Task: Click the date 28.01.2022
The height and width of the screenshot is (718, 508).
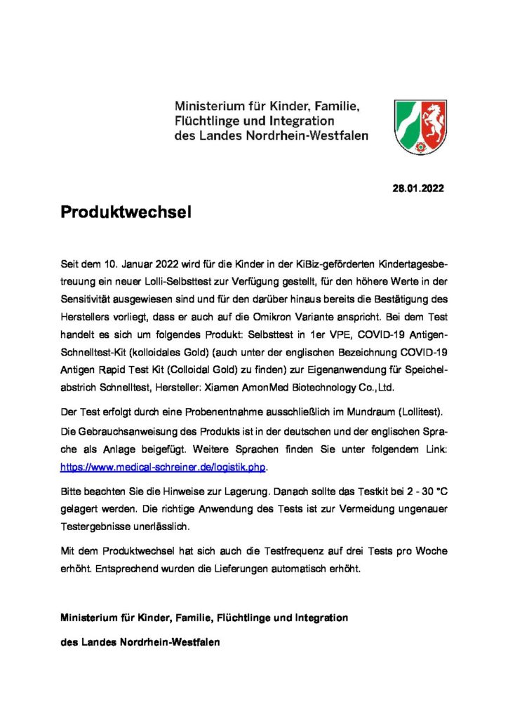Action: pos(417,188)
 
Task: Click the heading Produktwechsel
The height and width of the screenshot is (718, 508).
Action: pos(126,212)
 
